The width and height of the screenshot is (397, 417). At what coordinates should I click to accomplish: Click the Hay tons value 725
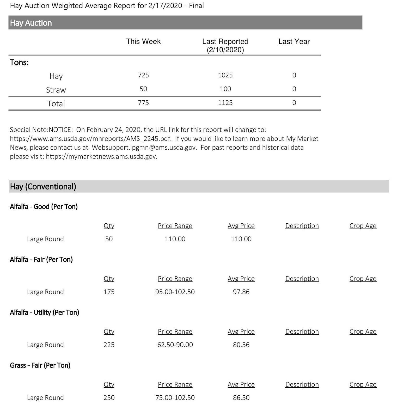[143, 75]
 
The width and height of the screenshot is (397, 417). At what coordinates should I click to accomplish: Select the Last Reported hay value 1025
[225, 75]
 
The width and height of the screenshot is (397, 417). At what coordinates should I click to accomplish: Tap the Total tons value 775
[143, 103]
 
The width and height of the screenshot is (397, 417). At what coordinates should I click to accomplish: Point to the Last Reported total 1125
[225, 103]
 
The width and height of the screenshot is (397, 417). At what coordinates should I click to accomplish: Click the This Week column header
[143, 41]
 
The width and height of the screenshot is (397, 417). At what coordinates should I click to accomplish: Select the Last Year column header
[294, 41]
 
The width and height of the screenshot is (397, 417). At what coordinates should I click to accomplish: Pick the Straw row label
[56, 90]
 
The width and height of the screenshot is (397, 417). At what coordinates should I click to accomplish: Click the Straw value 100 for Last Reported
[225, 89]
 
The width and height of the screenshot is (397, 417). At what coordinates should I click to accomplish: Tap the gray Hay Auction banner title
[31, 23]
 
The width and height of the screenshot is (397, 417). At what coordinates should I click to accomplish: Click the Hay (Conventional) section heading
[43, 187]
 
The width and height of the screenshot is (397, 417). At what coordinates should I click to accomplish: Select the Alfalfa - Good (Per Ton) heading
[44, 207]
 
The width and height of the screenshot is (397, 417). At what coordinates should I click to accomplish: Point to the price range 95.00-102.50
[175, 292]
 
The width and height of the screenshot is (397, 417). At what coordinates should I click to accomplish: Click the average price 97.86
[241, 292]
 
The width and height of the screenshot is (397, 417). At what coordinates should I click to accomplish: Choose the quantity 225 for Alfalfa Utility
[109, 345]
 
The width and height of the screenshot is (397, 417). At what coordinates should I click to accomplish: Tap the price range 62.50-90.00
[175, 345]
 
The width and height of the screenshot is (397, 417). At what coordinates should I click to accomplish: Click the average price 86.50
[241, 398]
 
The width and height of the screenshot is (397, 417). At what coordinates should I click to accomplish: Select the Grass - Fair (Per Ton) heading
[40, 365]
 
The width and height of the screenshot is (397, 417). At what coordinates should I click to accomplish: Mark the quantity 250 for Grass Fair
[109, 398]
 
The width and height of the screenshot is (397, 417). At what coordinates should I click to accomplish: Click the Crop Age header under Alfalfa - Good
[363, 226]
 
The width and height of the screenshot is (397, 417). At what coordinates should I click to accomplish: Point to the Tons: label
[19, 63]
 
